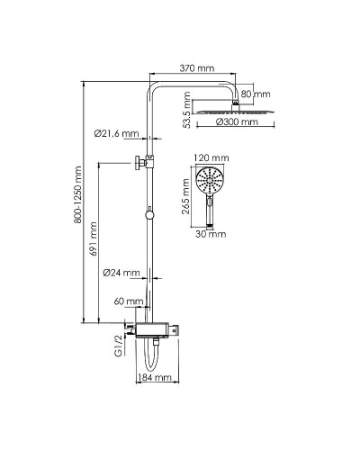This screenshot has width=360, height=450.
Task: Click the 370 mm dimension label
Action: [197, 68]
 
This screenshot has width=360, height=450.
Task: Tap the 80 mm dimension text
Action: [256, 94]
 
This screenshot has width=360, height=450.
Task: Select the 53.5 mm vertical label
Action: [187, 110]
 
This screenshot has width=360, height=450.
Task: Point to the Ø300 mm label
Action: [237, 121]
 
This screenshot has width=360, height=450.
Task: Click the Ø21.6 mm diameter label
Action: [116, 133]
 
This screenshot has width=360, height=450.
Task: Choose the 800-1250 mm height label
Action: [78, 194]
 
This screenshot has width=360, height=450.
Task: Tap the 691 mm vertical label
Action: [94, 238]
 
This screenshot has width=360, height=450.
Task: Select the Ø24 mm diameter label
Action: [121, 273]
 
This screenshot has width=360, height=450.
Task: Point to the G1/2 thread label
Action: [120, 345]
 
